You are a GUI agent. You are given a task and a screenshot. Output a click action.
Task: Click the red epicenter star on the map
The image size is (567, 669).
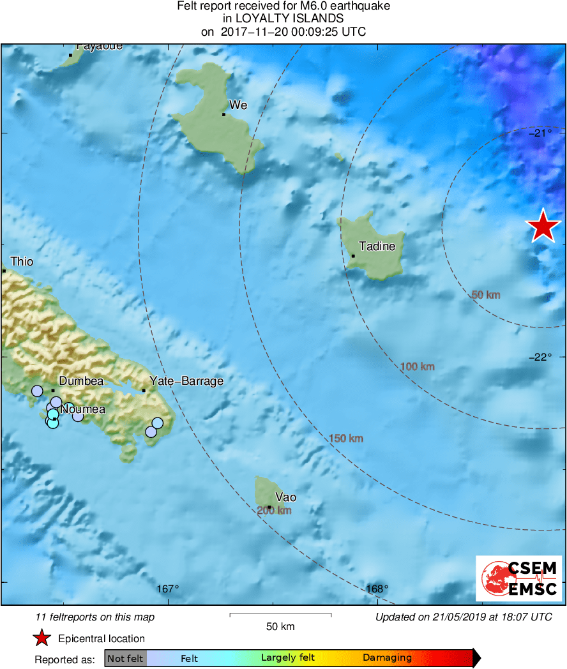(543, 226)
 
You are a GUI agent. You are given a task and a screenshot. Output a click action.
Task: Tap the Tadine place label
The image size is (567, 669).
(377, 246)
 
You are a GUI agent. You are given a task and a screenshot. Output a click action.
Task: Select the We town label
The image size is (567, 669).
(238, 105)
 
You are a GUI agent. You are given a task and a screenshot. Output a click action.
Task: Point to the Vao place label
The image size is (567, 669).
(285, 497)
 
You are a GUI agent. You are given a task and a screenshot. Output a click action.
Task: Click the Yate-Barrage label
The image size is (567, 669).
(186, 381)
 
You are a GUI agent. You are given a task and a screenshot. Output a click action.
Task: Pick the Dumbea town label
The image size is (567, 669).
(80, 381)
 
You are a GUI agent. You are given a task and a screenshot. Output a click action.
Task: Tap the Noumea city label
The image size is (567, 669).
(83, 409)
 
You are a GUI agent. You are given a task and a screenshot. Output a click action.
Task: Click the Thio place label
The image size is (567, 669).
(22, 262)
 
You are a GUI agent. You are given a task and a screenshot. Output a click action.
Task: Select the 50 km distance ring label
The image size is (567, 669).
(485, 295)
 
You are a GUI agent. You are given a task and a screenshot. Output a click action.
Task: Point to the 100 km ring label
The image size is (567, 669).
(418, 366)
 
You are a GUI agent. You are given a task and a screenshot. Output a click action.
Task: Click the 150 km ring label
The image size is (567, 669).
(346, 438)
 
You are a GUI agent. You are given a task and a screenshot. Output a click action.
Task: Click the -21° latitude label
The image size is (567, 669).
(540, 133)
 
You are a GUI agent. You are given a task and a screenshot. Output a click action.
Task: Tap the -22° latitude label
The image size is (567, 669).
(540, 357)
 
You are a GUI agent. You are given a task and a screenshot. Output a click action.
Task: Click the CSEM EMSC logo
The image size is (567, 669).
(518, 578)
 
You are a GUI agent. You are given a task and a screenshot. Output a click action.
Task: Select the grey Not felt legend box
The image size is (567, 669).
(125, 658)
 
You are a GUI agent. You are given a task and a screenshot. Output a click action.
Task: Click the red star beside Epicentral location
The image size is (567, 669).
(42, 638)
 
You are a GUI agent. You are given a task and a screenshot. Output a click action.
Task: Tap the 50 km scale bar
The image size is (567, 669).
(280, 615)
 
